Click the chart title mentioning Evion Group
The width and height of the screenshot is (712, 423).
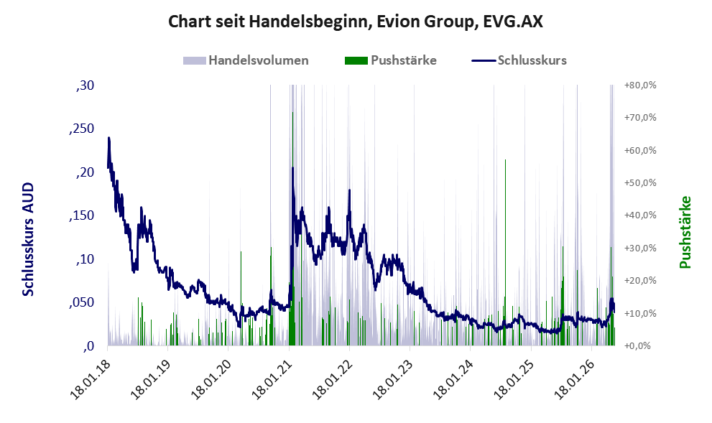[356, 22]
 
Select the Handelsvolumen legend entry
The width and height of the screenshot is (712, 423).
[246, 60]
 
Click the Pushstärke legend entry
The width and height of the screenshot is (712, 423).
[391, 60]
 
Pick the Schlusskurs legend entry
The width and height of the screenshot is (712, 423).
[519, 60]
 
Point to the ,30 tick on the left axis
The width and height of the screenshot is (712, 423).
[85, 85]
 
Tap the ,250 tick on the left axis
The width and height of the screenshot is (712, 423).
[82, 129]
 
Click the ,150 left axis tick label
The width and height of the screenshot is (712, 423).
[82, 215]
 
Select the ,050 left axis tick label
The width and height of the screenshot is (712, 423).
[82, 302]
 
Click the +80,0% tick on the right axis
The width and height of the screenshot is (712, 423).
[640, 85]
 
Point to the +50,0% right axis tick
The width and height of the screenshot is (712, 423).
[640, 183]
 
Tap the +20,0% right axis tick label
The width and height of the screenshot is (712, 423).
[640, 281]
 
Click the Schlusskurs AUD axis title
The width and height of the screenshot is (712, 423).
[28, 239]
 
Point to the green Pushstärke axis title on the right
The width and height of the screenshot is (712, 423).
[685, 232]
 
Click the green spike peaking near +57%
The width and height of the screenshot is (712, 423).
[505, 252]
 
